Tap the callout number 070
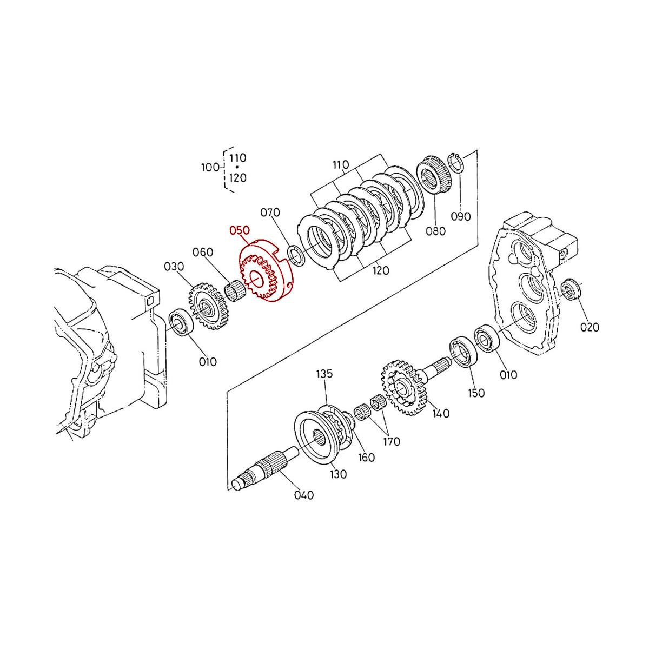coord(271,213)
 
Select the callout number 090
coord(461,216)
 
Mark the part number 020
coord(589,327)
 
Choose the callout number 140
coord(441,414)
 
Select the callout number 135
coord(325,374)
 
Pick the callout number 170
coord(391,442)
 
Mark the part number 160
coord(366,458)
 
